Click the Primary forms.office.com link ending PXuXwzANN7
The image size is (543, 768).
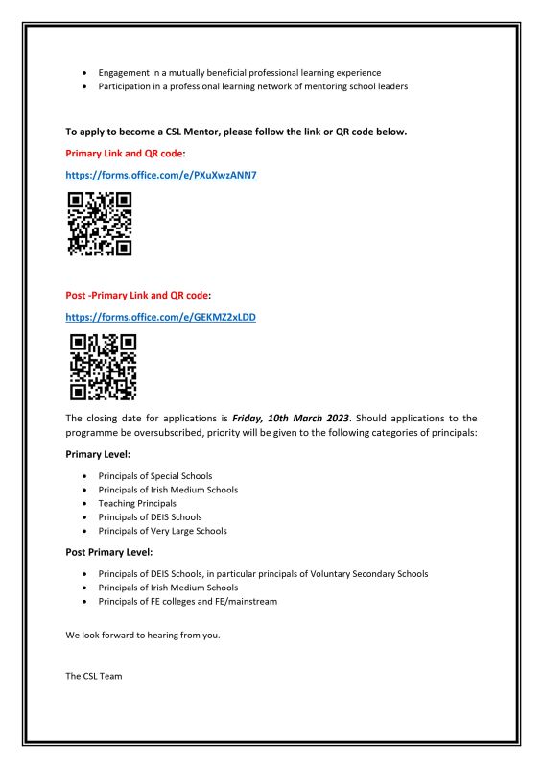[161, 176]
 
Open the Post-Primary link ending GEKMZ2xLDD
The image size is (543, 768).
[160, 316]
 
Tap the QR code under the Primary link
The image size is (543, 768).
[99, 224]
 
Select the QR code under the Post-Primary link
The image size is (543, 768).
[103, 367]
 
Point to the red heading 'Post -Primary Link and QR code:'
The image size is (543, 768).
[138, 295]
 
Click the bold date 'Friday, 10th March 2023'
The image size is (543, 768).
[286, 419]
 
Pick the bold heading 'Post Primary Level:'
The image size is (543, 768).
[109, 552]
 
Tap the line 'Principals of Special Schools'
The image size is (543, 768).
[154, 476]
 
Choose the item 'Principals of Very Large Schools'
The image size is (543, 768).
[162, 531]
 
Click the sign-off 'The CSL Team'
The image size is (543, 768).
[93, 676]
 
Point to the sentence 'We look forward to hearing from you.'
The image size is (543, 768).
[143, 636]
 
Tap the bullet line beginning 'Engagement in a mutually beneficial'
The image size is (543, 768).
[239, 73]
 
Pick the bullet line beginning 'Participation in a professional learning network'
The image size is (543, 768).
[252, 86]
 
